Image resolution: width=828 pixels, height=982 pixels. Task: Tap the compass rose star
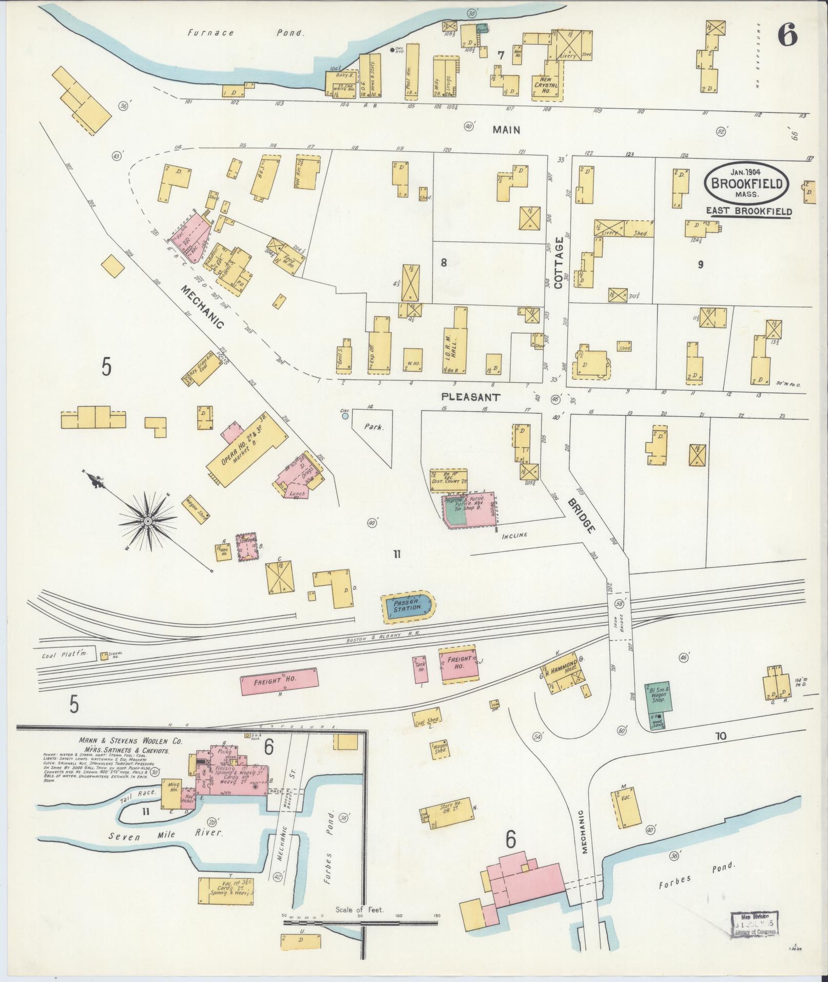pos(148,521)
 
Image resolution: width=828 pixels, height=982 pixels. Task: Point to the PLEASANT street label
pos(470,397)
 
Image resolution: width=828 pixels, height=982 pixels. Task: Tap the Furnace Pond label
pos(246,33)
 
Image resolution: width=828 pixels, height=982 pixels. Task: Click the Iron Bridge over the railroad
pos(621,614)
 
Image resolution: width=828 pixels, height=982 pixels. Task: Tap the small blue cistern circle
pos(345,416)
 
